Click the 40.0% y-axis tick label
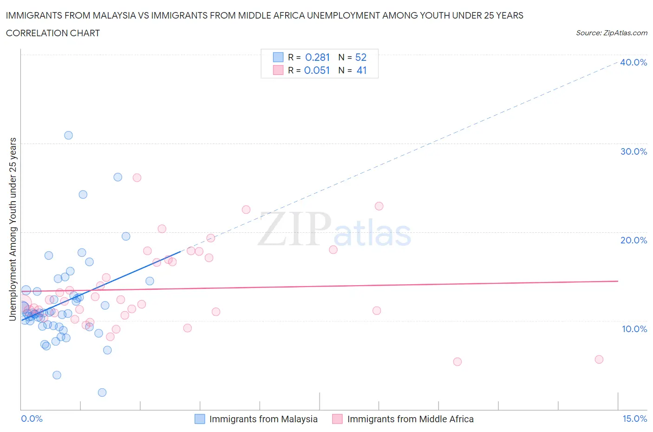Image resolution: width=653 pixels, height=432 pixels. click(633, 62)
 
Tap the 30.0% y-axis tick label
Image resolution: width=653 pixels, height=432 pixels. click(633, 151)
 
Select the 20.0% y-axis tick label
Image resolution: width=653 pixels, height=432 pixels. click(633, 240)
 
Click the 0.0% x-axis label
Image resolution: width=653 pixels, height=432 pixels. click(32, 419)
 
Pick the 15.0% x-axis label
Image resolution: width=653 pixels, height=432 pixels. click(634, 419)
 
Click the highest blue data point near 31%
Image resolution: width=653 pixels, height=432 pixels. click(68, 135)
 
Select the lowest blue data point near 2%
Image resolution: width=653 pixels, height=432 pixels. click(102, 393)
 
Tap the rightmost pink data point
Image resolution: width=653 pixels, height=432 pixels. click(599, 359)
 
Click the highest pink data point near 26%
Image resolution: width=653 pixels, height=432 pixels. click(137, 177)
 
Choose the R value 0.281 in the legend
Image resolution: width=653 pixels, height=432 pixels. click(317, 57)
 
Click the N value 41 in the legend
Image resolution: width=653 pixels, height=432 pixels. click(361, 71)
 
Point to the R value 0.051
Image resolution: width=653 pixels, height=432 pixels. click(317, 71)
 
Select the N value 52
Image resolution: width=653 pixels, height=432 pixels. click(361, 57)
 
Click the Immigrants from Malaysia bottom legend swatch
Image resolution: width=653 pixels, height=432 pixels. click(199, 419)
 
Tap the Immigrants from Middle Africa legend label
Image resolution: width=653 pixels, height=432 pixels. click(410, 419)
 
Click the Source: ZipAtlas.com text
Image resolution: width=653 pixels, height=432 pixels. click(611, 33)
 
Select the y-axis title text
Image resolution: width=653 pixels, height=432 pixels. click(13, 229)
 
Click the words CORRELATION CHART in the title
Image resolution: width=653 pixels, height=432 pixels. click(53, 33)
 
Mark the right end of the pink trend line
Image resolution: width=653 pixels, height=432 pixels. click(618, 281)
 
